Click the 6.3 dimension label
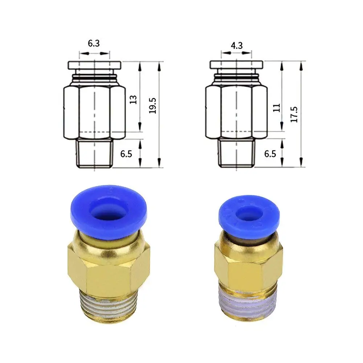tap(94, 43)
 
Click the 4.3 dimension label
tap(237, 46)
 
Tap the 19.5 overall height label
tap(152, 106)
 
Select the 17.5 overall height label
tap(294, 115)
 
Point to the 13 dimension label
tap(133, 99)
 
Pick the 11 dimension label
tap(276, 108)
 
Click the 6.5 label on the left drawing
tap(126, 154)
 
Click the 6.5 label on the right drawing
tap(270, 154)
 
